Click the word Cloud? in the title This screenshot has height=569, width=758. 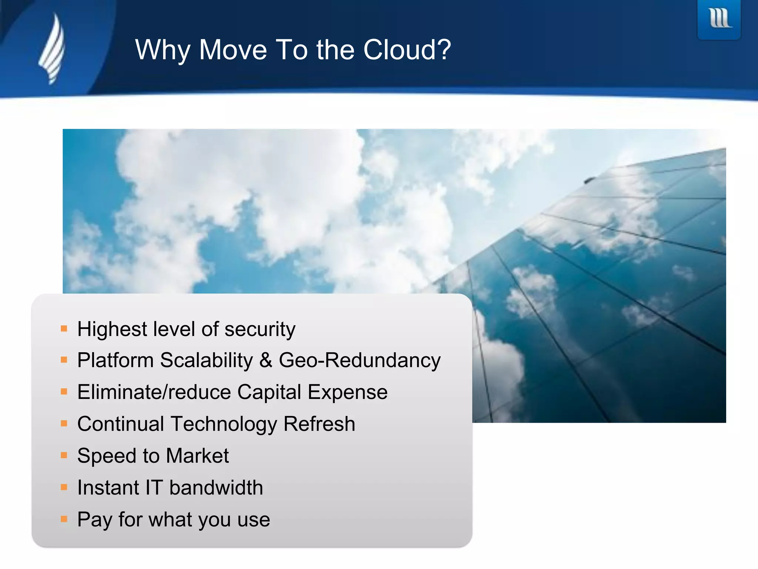(x=407, y=50)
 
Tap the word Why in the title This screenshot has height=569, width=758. (x=162, y=50)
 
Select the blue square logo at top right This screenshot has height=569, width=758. (x=719, y=19)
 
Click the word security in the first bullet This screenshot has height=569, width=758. (x=260, y=329)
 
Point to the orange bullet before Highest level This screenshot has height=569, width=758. (x=64, y=329)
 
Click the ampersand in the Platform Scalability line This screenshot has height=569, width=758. (x=266, y=360)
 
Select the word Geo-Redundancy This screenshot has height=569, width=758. (x=359, y=360)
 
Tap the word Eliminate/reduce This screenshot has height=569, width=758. (x=154, y=392)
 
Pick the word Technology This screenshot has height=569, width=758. (x=224, y=424)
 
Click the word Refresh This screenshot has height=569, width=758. (x=319, y=424)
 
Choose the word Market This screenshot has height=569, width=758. (x=197, y=456)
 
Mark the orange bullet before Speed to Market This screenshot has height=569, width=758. (x=64, y=455)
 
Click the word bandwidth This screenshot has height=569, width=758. (x=216, y=488)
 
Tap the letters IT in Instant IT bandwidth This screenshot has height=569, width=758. (x=154, y=488)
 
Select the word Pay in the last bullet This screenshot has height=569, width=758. (x=94, y=520)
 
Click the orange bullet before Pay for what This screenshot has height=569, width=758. (x=64, y=519)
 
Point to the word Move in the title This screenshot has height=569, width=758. (x=233, y=50)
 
